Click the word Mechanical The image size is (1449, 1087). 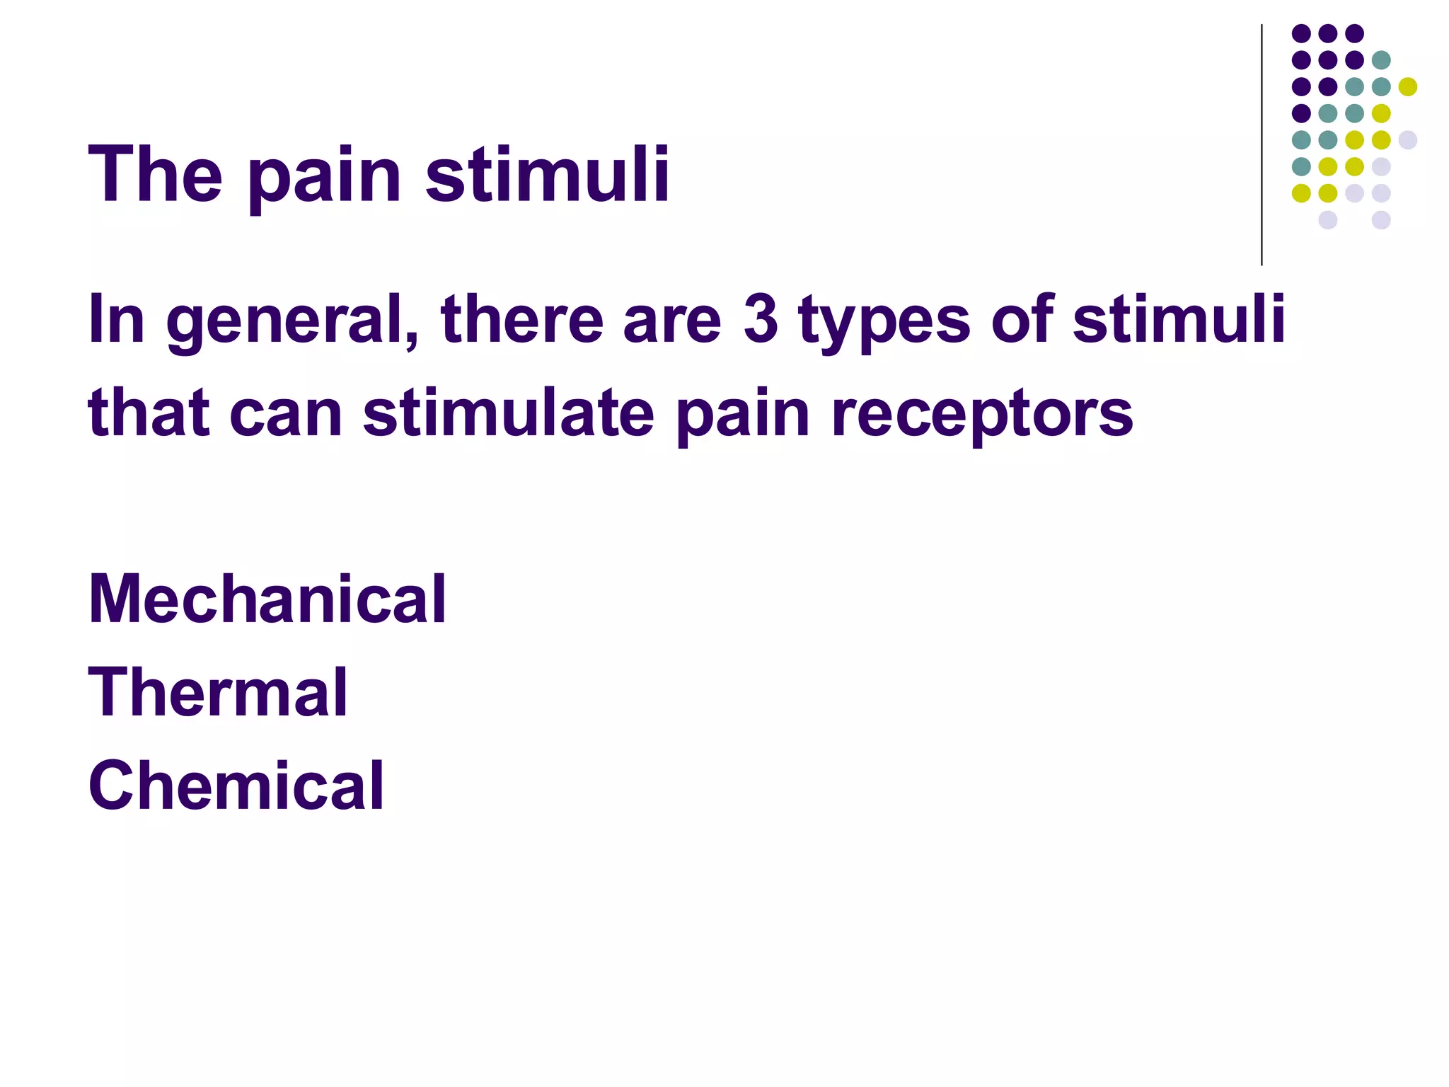pyautogui.click(x=267, y=599)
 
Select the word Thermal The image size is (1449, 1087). pyautogui.click(x=218, y=693)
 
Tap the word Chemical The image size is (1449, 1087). pyautogui.click(x=236, y=786)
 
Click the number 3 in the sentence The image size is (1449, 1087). pyautogui.click(x=761, y=319)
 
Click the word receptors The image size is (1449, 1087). pyautogui.click(x=982, y=416)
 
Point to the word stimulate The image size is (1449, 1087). pyautogui.click(x=509, y=413)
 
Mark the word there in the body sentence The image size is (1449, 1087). pyautogui.click(x=521, y=319)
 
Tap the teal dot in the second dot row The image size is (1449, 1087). pyautogui.click(x=1381, y=60)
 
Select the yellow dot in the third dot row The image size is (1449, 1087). pyautogui.click(x=1408, y=87)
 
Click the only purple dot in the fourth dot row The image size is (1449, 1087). pyautogui.click(x=1301, y=113)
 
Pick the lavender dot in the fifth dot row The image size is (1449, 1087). pyautogui.click(x=1408, y=140)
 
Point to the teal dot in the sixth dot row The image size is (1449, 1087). pyautogui.click(x=1301, y=167)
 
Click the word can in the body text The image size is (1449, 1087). pyautogui.click(x=287, y=415)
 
